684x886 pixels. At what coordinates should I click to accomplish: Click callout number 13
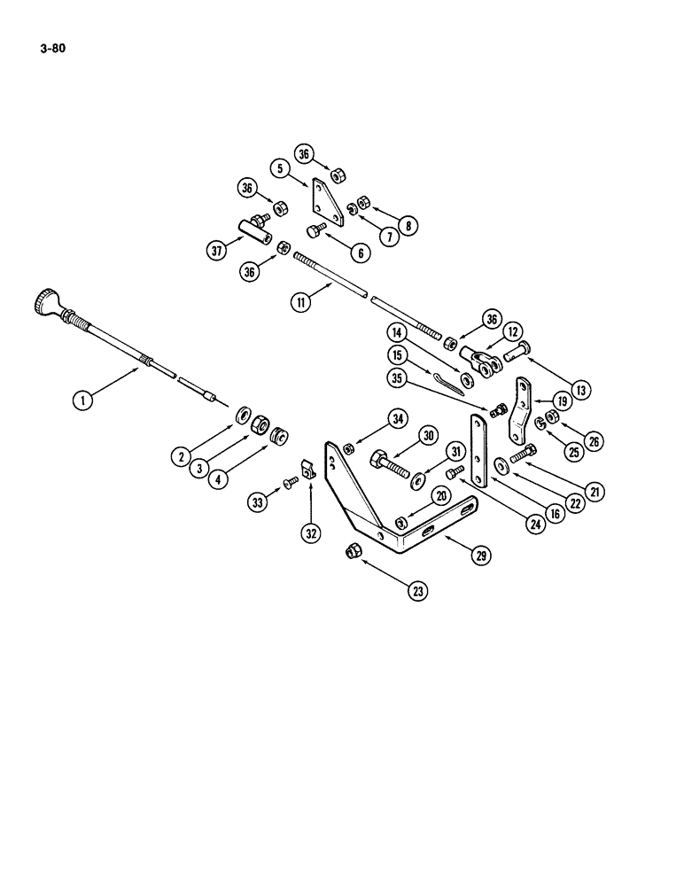579,387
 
